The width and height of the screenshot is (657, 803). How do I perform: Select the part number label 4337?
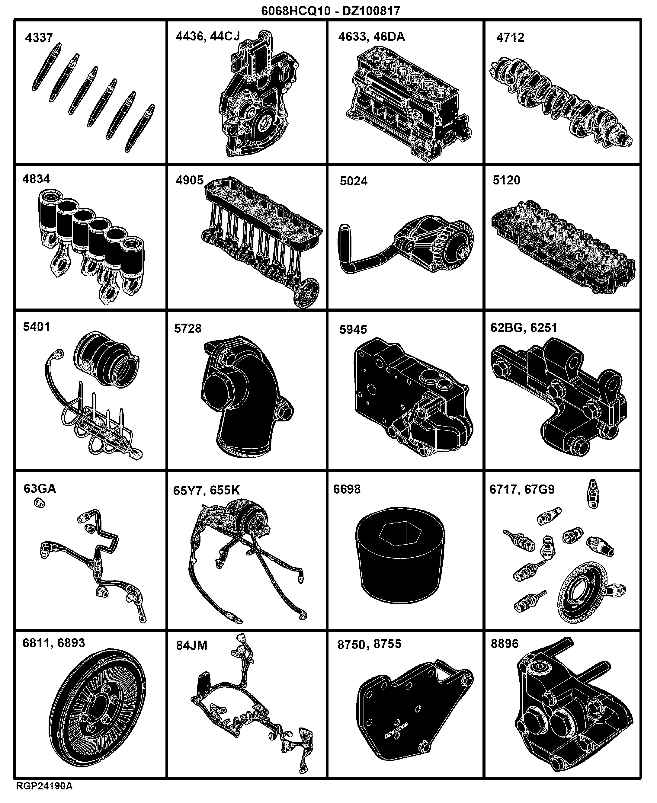(x=39, y=38)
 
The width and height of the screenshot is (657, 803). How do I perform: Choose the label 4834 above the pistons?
(x=36, y=179)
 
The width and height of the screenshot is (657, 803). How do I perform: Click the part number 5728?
(x=188, y=328)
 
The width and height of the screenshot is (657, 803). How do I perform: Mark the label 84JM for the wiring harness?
(x=191, y=645)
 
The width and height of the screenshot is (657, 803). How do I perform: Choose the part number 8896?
(x=505, y=643)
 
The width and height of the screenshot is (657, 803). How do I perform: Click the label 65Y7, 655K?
(x=206, y=491)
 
